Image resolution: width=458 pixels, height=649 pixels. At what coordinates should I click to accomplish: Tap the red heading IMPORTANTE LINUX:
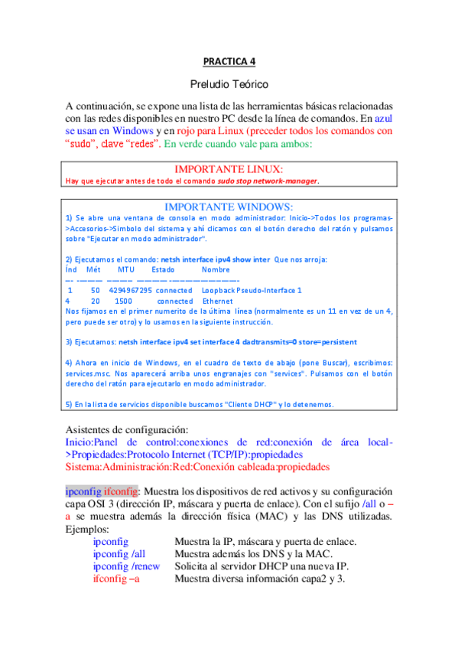tap(229, 168)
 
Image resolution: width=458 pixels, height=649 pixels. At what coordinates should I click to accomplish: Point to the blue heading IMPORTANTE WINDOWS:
tap(229, 207)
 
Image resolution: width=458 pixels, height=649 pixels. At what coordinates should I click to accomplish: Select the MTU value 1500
tap(112, 302)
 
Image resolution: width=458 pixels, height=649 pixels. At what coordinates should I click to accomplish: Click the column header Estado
tap(164, 270)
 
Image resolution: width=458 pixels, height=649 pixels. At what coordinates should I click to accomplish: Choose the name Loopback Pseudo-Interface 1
tap(252, 291)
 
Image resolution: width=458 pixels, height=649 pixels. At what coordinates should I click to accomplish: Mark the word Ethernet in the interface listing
tap(217, 302)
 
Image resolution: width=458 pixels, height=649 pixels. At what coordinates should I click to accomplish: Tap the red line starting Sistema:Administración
tap(197, 465)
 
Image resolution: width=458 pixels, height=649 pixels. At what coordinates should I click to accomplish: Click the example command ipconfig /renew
tap(126, 566)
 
